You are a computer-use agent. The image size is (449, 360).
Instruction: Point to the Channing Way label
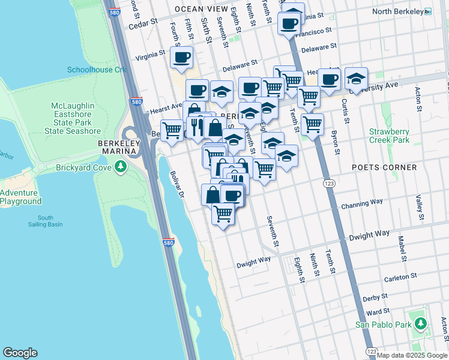362,205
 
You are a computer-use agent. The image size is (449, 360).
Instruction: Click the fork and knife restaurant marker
196,126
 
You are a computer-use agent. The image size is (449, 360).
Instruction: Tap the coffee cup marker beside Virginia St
181,58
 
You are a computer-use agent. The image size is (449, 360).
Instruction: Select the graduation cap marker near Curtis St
356,79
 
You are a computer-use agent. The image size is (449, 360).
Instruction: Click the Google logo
20,353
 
